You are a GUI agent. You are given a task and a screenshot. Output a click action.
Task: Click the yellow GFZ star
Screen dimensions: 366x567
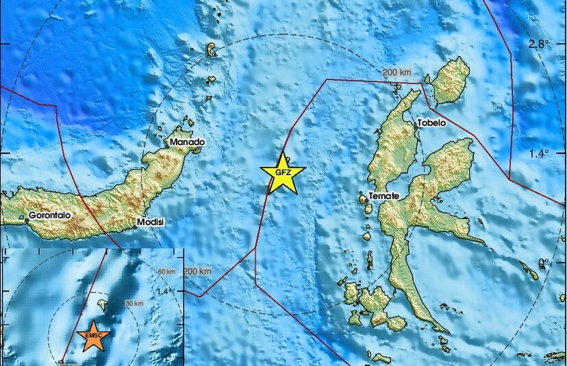pyautogui.click(x=282, y=173)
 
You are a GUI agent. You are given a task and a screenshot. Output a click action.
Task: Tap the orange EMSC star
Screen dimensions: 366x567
pyautogui.click(x=92, y=336)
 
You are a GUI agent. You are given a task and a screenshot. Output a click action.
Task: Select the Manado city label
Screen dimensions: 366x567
pyautogui.click(x=188, y=142)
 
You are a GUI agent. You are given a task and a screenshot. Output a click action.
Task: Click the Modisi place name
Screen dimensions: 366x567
pyautogui.click(x=151, y=222)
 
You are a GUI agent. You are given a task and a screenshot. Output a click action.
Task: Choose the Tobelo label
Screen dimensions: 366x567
pyautogui.click(x=432, y=123)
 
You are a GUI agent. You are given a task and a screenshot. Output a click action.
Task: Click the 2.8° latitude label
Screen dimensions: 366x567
pyautogui.click(x=538, y=44)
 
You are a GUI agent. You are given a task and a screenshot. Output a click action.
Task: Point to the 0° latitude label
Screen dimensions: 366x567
pyautogui.click(x=544, y=262)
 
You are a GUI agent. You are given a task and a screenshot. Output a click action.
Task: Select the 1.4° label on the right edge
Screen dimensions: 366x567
pyautogui.click(x=538, y=154)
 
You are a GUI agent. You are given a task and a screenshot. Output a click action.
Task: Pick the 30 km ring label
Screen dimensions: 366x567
pyautogui.click(x=133, y=304)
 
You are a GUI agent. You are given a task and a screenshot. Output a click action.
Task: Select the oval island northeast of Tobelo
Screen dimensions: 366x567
pyautogui.click(x=450, y=80)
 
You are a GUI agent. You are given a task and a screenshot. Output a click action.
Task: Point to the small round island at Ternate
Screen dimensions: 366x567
pyautogui.click(x=363, y=199)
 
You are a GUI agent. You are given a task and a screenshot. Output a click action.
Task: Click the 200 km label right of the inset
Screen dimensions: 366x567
pyautogui.click(x=198, y=272)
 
